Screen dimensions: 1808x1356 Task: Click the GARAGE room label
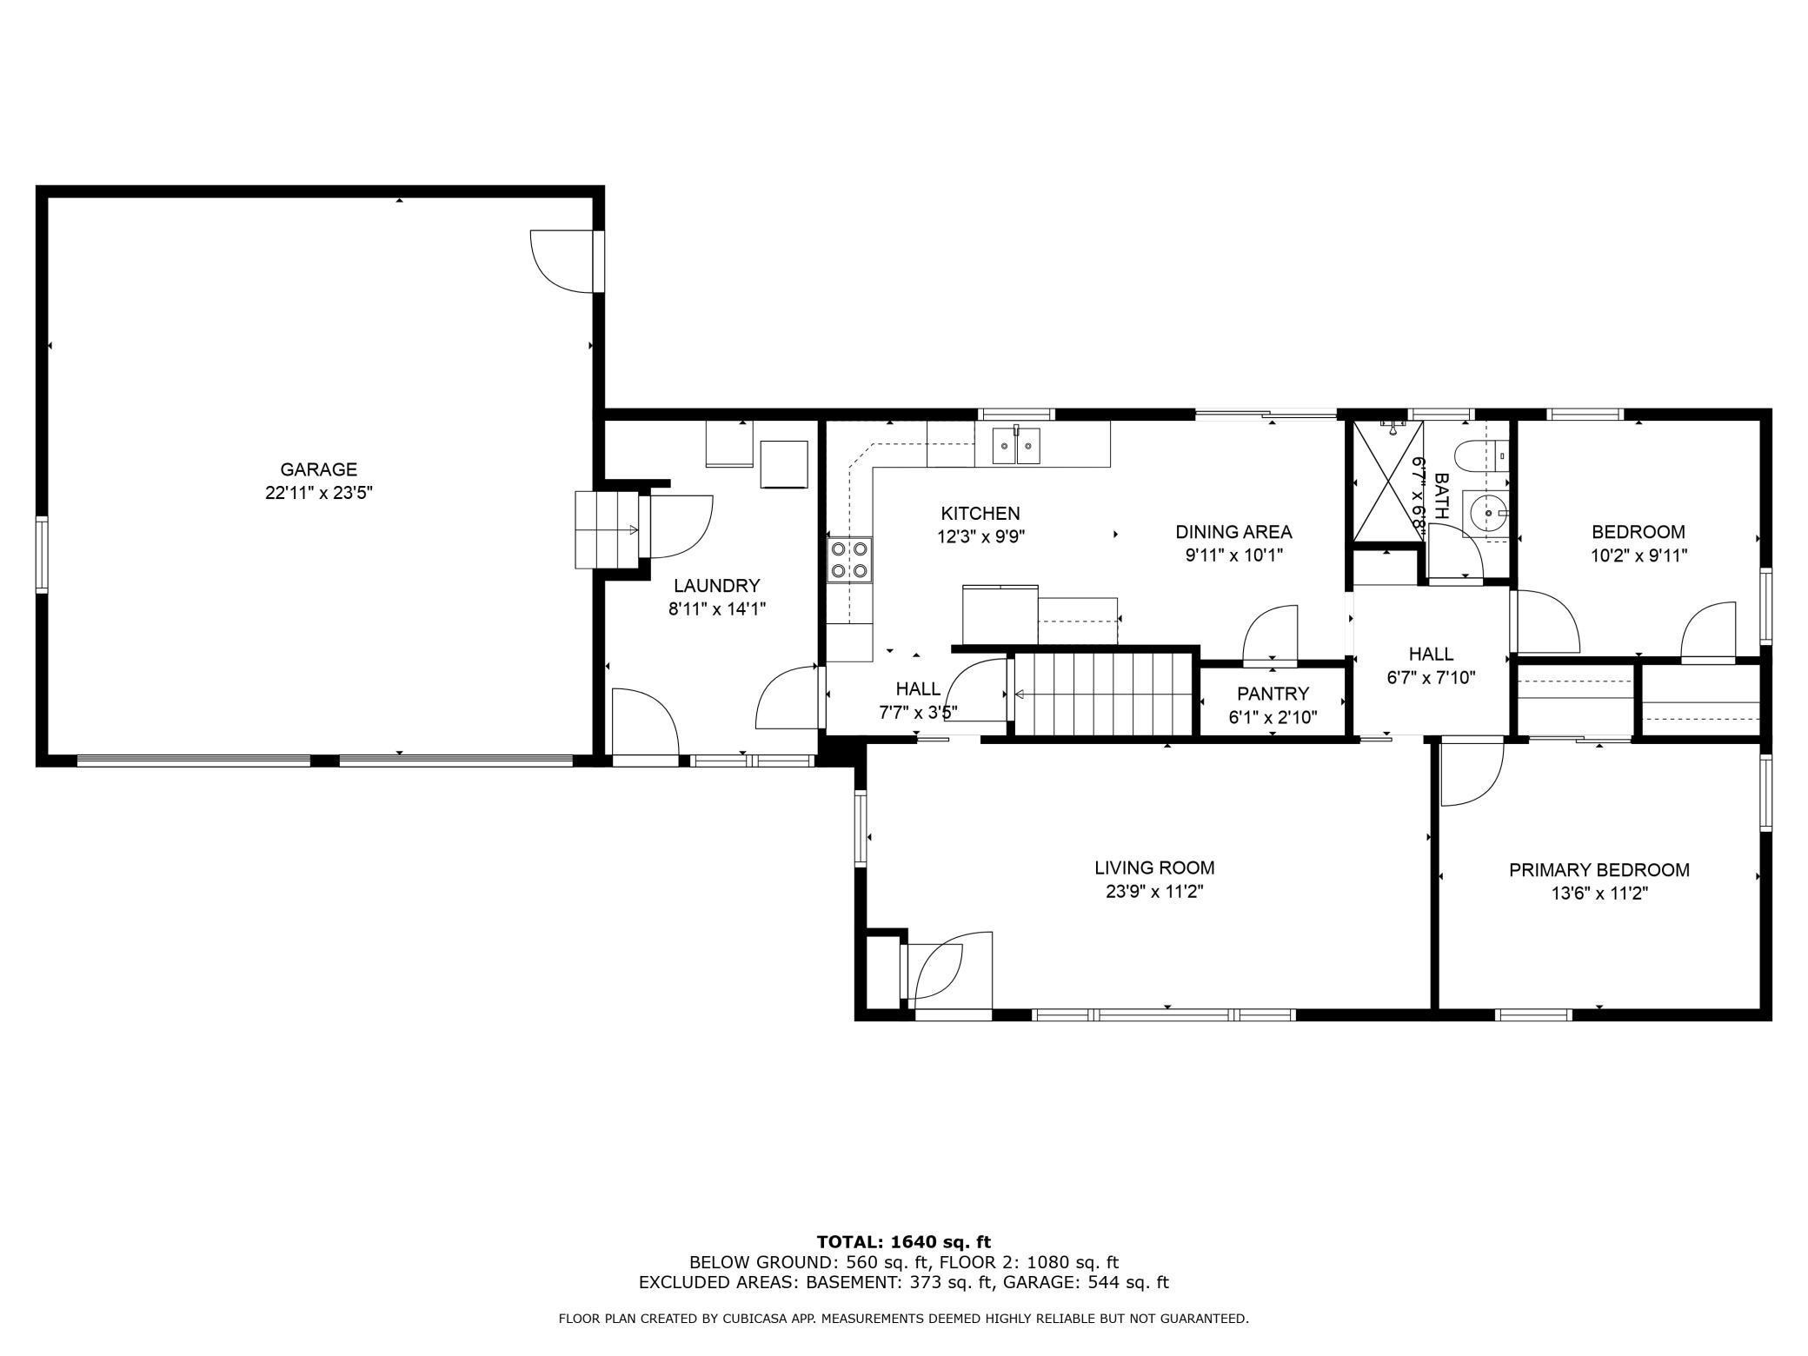318,469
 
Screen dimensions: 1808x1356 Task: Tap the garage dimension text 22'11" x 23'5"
319,493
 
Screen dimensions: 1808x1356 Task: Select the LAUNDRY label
717,586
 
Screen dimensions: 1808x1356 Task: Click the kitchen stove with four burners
849,559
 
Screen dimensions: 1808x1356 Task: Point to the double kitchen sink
1017,447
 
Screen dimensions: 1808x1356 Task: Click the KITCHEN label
980,514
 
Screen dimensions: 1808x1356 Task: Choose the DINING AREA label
1233,532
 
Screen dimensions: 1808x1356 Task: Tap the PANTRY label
1273,694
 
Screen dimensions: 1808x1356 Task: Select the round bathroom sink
1487,514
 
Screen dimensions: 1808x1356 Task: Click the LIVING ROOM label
1154,867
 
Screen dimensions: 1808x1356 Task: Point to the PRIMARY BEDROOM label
1599,870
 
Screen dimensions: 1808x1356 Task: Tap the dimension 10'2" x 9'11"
1638,555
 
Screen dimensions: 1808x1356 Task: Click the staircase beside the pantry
1102,695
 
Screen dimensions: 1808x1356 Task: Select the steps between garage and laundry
607,529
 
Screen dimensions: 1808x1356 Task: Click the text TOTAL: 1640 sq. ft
904,1242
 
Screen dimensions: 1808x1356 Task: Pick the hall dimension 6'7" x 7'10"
1431,678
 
